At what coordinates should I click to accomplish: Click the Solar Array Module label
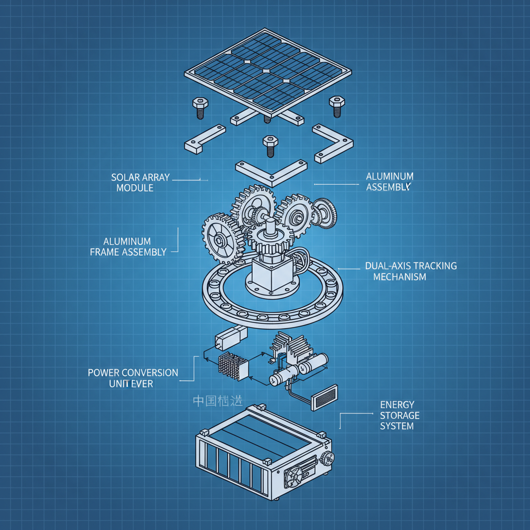coord(140,182)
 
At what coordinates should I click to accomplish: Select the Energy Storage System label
coord(400,415)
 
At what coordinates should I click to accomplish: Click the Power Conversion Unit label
coord(133,378)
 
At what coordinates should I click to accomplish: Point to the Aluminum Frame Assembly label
coord(128,247)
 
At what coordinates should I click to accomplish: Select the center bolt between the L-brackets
coord(269,145)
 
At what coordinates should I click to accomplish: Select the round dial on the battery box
coord(327,458)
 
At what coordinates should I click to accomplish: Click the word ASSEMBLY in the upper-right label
coord(388,187)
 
